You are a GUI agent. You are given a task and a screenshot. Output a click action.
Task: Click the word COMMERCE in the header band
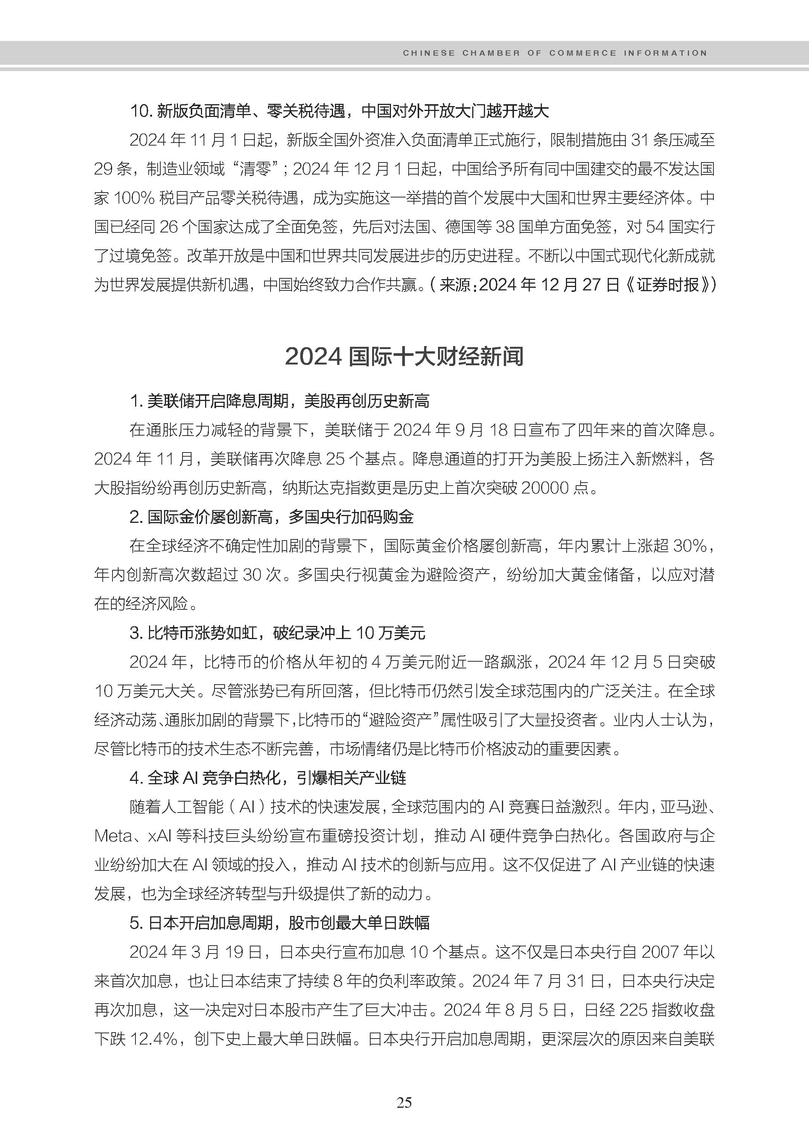pos(582,53)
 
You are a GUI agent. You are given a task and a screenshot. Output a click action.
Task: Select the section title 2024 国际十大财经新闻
pos(404,357)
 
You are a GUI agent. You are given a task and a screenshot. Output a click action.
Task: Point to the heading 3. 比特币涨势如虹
pos(277,633)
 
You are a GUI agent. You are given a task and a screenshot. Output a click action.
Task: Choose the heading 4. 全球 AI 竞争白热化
pos(268,778)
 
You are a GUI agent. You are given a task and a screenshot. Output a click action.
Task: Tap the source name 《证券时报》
pos(667,285)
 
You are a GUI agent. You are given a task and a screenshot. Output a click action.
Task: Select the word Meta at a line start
pos(113,836)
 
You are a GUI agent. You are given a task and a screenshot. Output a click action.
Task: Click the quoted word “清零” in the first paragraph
pos(255,169)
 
